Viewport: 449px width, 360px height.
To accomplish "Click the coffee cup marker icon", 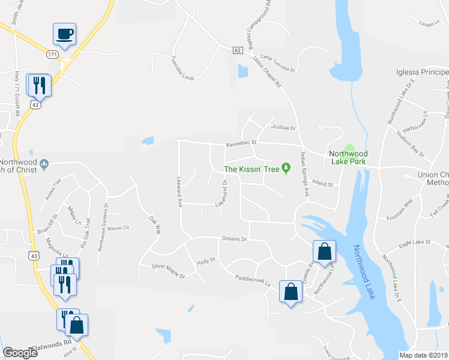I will pyautogui.click(x=64, y=34).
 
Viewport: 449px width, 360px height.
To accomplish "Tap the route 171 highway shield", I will pyautogui.click(x=53, y=55).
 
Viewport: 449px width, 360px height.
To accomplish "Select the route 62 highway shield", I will pyautogui.click(x=238, y=50).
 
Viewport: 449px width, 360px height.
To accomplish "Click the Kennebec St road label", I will pyautogui.click(x=241, y=144).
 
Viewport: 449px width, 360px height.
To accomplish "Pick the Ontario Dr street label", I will pyautogui.click(x=235, y=238).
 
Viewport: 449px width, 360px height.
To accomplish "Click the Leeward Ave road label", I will pyautogui.click(x=178, y=192).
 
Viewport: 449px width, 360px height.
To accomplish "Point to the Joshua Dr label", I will pyautogui.click(x=284, y=128).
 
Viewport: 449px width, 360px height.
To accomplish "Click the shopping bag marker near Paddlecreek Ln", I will pyautogui.click(x=291, y=292).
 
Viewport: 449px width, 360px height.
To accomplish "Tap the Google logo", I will pyautogui.click(x=21, y=353).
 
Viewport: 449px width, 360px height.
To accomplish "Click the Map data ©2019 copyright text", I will pyautogui.click(x=424, y=355).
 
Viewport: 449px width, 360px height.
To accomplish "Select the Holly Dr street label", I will pyautogui.click(x=205, y=262).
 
